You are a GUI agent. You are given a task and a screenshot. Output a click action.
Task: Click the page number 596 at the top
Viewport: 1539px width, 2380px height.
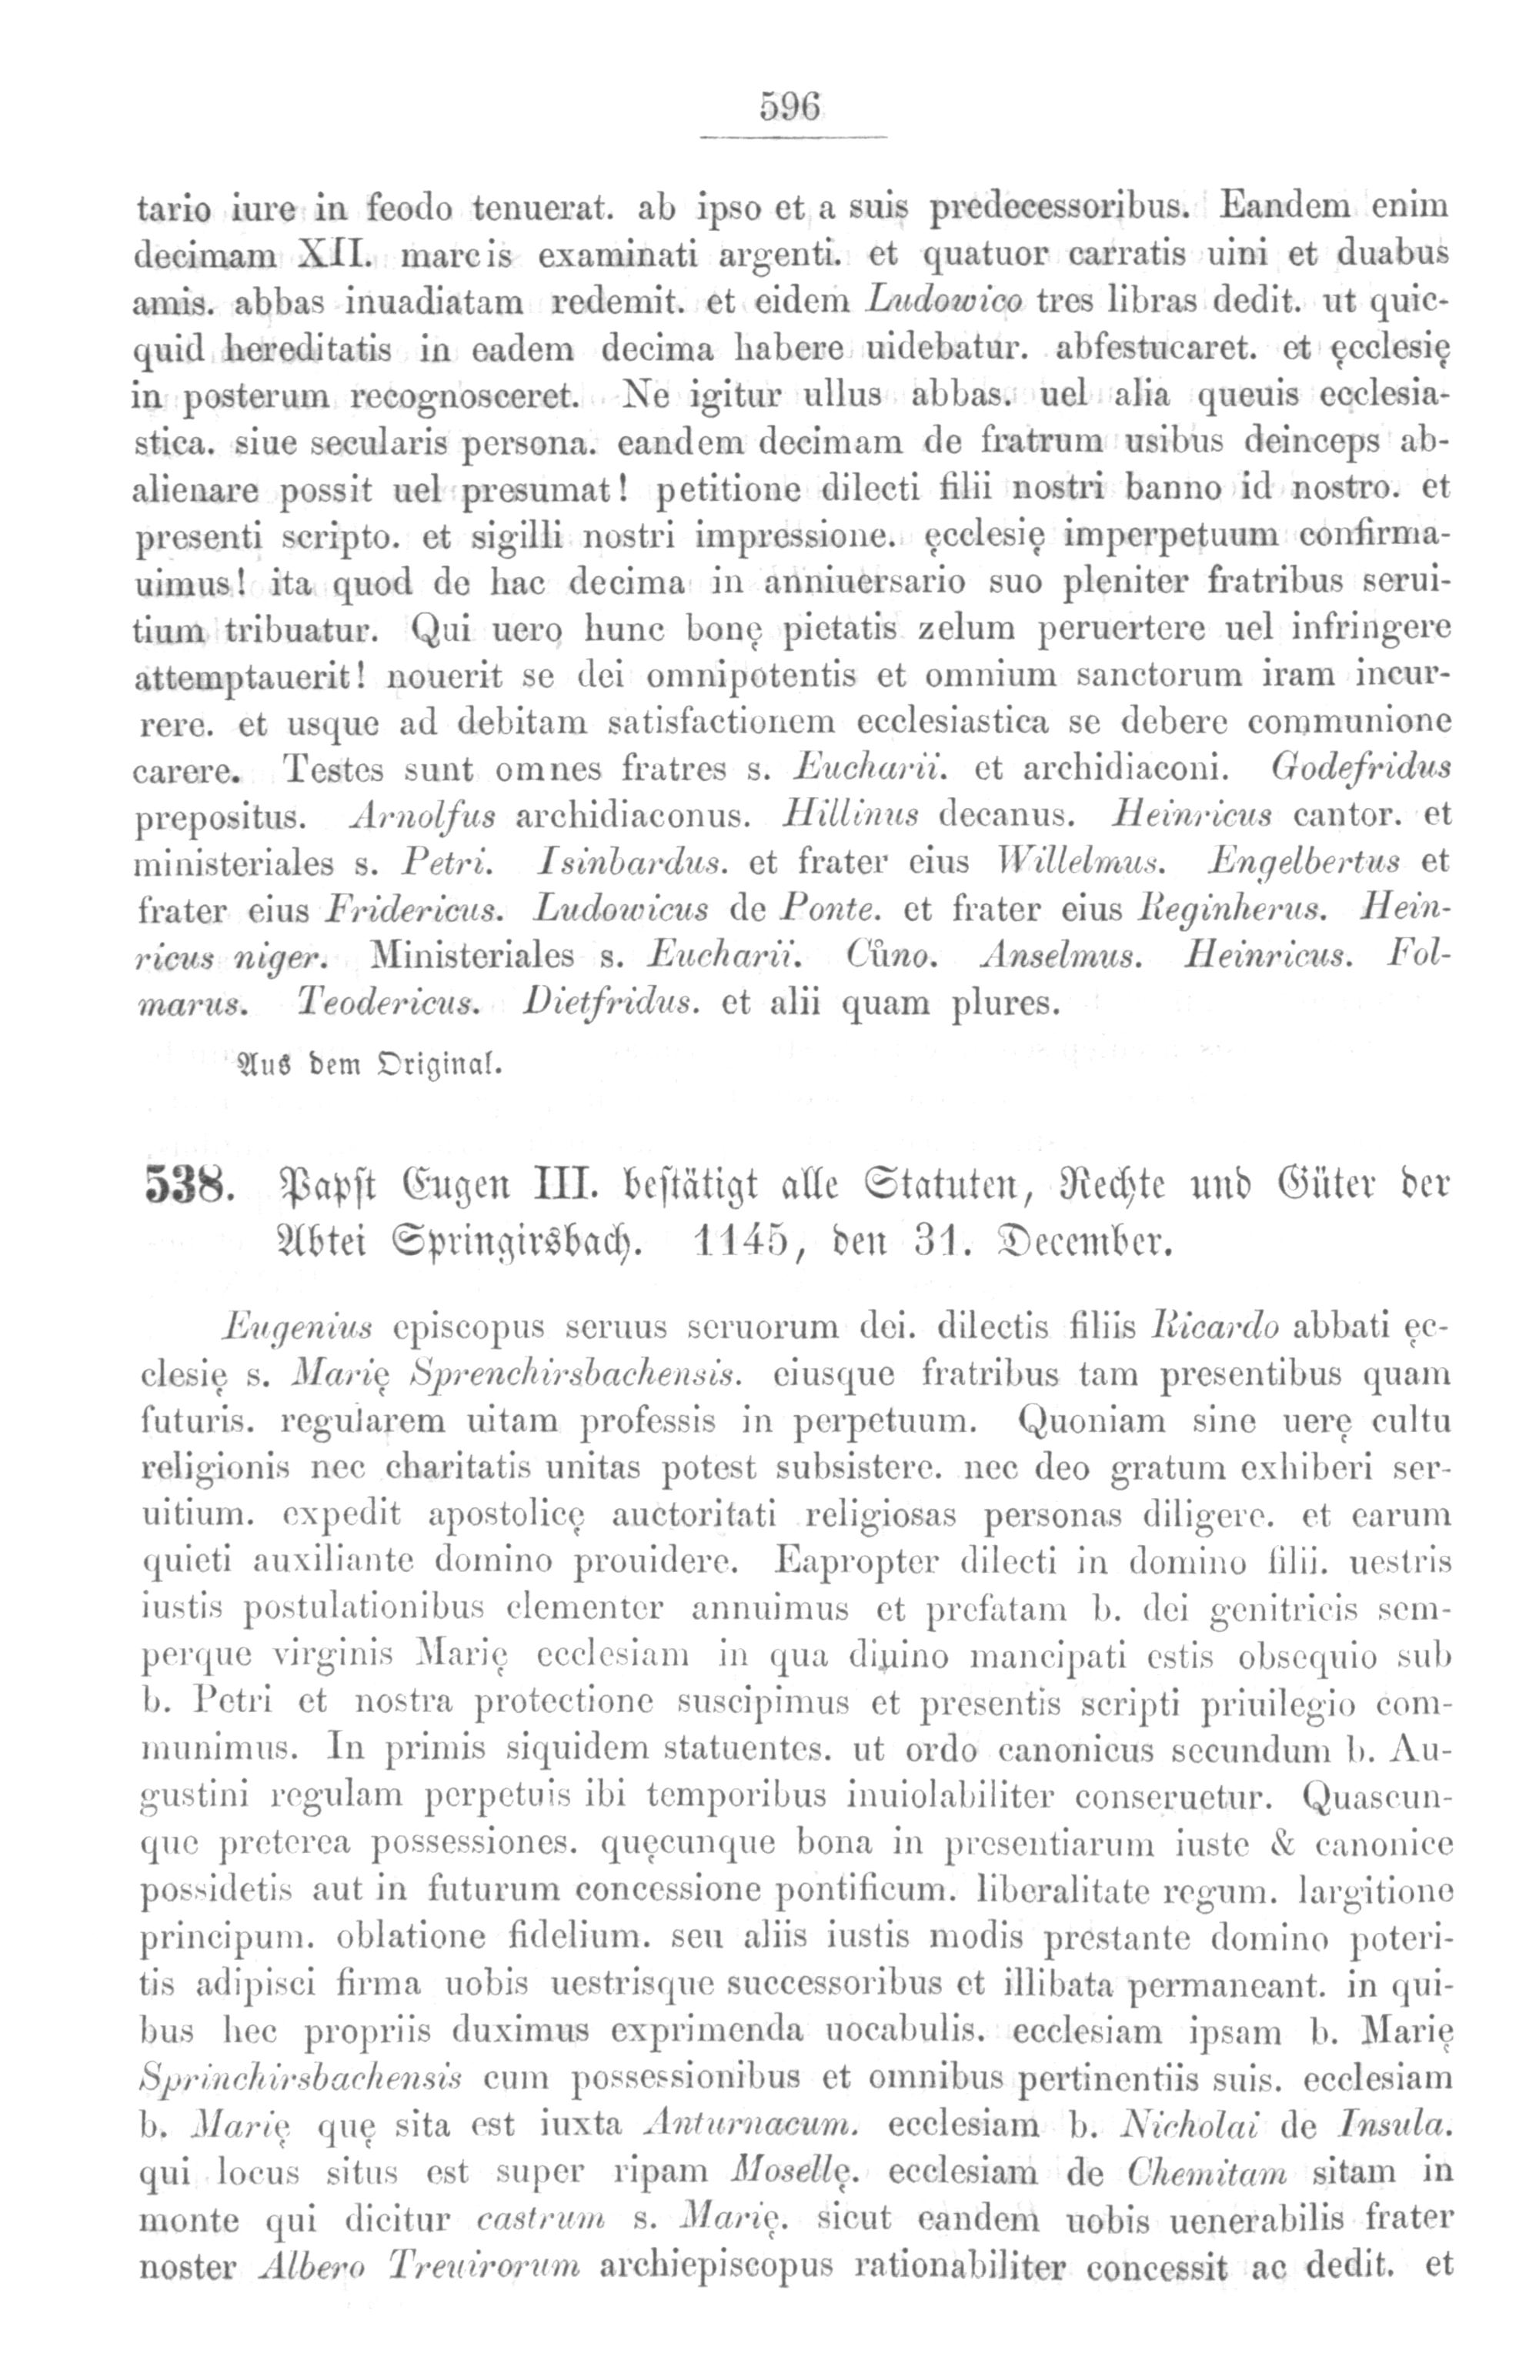(790, 106)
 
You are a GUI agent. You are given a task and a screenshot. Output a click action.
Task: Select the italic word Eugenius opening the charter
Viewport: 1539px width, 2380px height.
(299, 1329)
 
